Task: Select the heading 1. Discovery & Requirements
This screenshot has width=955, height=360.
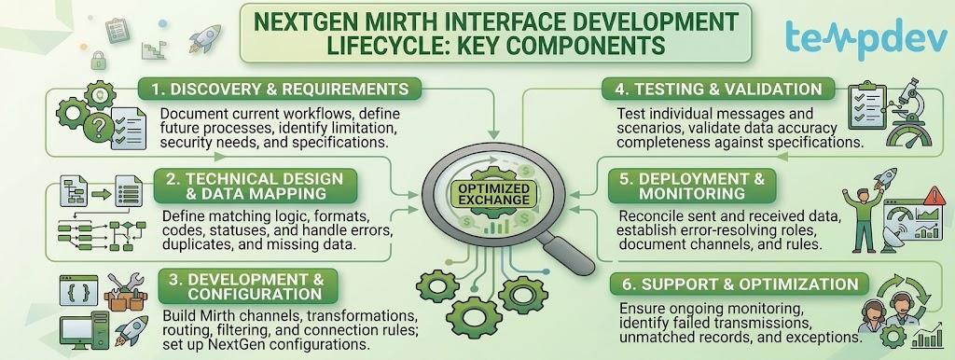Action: click(280, 89)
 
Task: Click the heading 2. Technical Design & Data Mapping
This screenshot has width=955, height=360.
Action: click(256, 186)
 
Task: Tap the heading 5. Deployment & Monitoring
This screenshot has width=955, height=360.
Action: click(693, 186)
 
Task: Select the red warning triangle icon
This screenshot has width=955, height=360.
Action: click(934, 195)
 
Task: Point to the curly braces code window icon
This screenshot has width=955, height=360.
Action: click(78, 291)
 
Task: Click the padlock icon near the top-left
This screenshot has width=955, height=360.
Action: click(97, 60)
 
